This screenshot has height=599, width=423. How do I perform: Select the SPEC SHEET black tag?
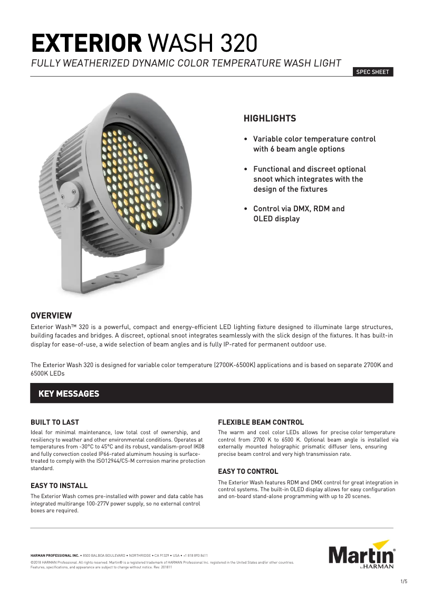pos(373,72)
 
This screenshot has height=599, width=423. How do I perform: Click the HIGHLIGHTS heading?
pos(270,119)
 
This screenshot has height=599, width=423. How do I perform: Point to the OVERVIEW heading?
pos(51,316)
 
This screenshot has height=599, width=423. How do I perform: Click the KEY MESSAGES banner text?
pos(69,394)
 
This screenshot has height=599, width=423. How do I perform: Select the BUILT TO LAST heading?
pos(55,423)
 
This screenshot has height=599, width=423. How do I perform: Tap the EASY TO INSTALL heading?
pos(59,485)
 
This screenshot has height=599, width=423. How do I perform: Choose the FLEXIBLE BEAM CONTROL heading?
pos(261,423)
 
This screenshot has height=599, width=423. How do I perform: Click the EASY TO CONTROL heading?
pos(248,471)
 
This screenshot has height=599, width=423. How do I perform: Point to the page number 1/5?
pos(404,582)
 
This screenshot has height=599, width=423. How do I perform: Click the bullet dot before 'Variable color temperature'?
pos(246,139)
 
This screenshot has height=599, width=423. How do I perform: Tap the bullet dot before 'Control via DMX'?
pos(246,209)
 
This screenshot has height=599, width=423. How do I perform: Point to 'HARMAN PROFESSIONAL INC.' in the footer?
pos(55,556)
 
